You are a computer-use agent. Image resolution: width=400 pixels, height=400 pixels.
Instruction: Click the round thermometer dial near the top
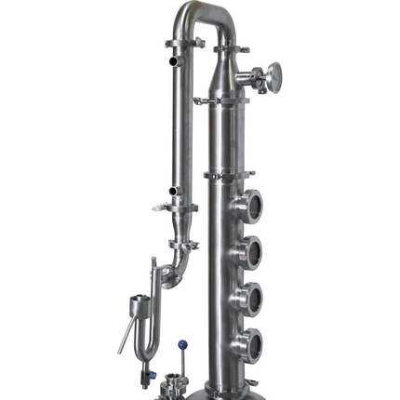(x=273, y=73)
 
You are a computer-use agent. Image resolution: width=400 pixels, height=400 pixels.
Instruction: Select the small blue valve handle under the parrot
(x=148, y=376)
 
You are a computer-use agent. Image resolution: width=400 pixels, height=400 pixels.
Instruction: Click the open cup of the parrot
(x=139, y=303)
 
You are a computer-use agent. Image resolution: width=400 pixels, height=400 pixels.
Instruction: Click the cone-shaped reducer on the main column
(x=224, y=70)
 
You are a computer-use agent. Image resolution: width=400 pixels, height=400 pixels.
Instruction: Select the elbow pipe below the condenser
(x=177, y=265)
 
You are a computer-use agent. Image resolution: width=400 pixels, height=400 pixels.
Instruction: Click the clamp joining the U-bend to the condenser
(x=182, y=45)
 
